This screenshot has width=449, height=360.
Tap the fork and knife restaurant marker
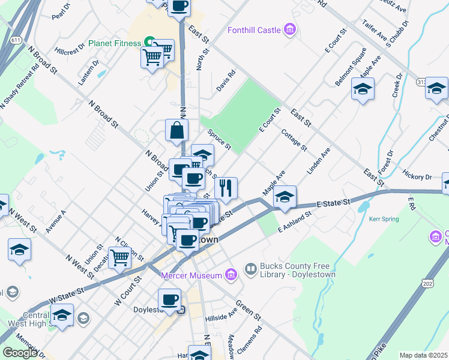click(x=226, y=188)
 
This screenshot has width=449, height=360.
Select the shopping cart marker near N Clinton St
click(x=121, y=258)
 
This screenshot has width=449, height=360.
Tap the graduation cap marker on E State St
click(x=285, y=197)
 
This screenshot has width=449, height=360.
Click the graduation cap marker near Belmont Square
click(x=363, y=90)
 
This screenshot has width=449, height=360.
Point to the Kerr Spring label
click(x=384, y=220)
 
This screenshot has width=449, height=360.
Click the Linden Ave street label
click(x=319, y=163)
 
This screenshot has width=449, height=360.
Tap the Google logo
click(x=20, y=353)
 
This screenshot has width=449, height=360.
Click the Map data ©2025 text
click(x=423, y=355)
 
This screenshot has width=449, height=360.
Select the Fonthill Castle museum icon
click(x=290, y=29)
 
